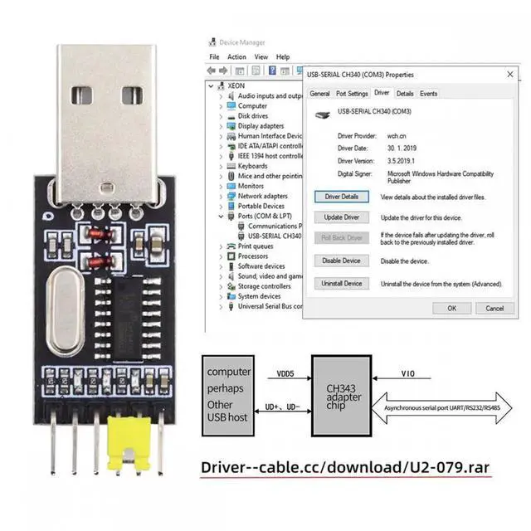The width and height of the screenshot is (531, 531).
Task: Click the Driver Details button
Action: [x=341, y=197]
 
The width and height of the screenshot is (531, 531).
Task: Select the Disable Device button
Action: [x=341, y=261]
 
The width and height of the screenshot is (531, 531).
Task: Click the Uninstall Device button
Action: [x=341, y=283]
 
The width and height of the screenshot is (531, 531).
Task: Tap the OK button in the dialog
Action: [x=451, y=308]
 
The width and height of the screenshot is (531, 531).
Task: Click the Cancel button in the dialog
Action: [x=494, y=308]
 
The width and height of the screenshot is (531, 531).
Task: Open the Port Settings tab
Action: [x=352, y=94]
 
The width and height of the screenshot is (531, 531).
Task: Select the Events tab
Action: [x=428, y=94]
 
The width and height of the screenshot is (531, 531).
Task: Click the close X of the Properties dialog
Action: [x=509, y=74]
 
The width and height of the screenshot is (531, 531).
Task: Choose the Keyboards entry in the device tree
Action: [x=252, y=166]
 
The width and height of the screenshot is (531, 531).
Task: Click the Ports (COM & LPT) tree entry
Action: [x=265, y=216]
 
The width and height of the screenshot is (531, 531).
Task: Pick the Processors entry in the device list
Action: [x=253, y=256]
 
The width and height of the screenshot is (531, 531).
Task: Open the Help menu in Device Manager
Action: [x=283, y=57]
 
